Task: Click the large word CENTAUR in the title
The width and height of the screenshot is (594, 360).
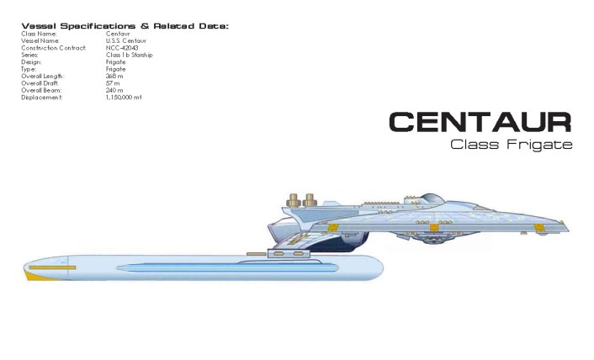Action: tap(480, 122)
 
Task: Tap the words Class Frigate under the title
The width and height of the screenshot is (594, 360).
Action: tap(511, 144)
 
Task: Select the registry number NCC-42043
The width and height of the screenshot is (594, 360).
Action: tap(122, 48)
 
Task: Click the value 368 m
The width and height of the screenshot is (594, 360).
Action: tap(114, 76)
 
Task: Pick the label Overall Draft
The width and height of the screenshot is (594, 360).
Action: tap(40, 82)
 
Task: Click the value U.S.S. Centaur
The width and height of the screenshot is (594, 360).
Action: tap(125, 40)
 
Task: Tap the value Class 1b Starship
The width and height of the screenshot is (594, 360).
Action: tap(129, 55)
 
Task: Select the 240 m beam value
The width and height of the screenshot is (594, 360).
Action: tap(114, 90)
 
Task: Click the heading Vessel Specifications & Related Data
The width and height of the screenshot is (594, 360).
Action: tap(125, 26)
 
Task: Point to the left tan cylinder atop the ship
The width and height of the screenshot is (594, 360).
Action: tap(294, 201)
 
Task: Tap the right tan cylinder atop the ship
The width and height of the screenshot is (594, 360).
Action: tap(310, 201)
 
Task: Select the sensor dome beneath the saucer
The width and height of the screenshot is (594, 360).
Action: tap(434, 240)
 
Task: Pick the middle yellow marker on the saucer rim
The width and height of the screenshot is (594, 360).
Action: tap(434, 227)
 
